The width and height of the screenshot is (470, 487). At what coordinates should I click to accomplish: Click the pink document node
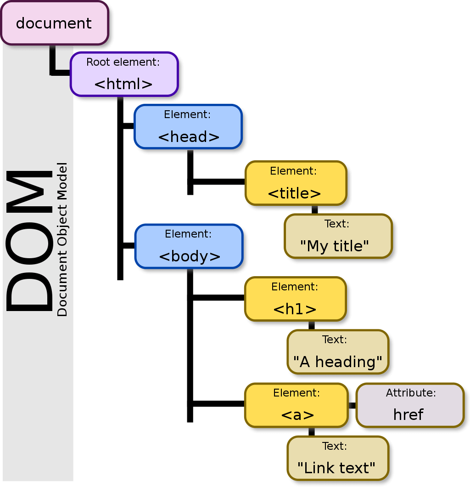55,23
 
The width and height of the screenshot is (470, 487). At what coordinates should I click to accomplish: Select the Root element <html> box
124,74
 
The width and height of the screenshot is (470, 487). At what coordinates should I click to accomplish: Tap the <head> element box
188,127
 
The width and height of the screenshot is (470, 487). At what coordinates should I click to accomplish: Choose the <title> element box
296,183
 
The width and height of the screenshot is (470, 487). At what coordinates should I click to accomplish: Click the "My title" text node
338,236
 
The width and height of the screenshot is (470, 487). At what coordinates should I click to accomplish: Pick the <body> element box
189,246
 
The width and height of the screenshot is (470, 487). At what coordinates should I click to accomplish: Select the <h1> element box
295,299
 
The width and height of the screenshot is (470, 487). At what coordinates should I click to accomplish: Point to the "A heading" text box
338,352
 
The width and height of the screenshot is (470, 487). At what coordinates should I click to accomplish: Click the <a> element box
296,405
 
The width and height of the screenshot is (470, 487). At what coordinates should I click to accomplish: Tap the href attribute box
410,405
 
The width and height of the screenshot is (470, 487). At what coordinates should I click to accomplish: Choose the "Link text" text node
338,459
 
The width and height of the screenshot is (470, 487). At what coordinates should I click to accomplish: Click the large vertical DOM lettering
29,241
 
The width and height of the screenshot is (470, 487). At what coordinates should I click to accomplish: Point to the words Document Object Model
62,239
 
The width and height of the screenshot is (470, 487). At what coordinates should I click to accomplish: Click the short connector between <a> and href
352,405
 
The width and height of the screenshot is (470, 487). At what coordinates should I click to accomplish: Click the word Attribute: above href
411,393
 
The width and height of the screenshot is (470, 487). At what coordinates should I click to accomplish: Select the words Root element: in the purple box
123,62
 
